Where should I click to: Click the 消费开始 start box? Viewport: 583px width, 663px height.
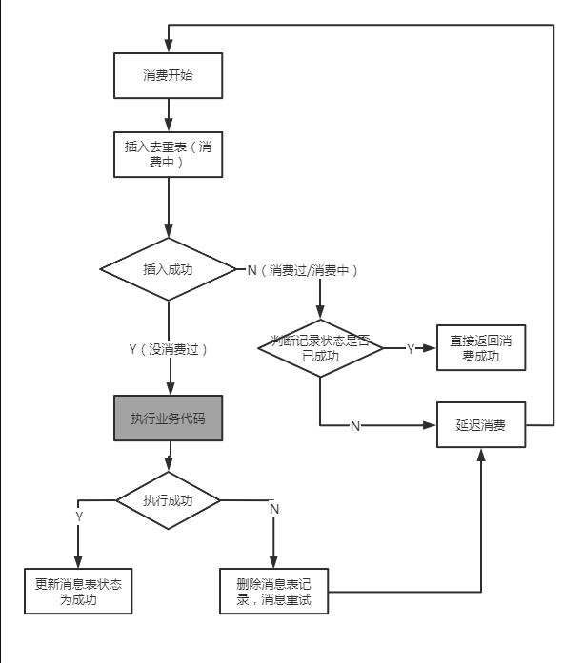pos(168,74)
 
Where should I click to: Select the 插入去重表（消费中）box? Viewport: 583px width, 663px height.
pos(168,154)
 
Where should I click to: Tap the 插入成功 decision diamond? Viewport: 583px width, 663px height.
pos(168,269)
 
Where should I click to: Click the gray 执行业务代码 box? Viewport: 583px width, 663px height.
pos(168,419)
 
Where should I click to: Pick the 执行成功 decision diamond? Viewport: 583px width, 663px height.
pos(168,499)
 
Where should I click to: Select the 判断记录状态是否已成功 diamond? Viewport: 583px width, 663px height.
pos(320,348)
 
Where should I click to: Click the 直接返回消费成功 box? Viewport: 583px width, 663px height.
pos(480,348)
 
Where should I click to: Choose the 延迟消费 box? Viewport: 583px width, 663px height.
pos(480,425)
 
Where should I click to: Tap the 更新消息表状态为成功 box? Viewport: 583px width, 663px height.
pos(77,592)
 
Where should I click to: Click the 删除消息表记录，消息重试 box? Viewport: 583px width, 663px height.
pos(273,592)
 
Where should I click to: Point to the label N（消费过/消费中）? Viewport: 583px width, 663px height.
pos(303,270)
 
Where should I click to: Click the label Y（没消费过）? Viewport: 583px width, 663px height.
pos(168,349)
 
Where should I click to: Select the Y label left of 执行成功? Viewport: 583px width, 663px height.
pos(78,515)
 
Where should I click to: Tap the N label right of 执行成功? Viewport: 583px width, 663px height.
pos(274,509)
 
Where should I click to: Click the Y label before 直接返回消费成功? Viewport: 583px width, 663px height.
pos(411,349)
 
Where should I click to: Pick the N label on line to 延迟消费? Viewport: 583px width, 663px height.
pos(355,426)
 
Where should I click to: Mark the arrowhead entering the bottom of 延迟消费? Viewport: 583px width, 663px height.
pos(481,456)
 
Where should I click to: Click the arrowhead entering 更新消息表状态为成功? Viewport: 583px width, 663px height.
pos(77,561)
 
